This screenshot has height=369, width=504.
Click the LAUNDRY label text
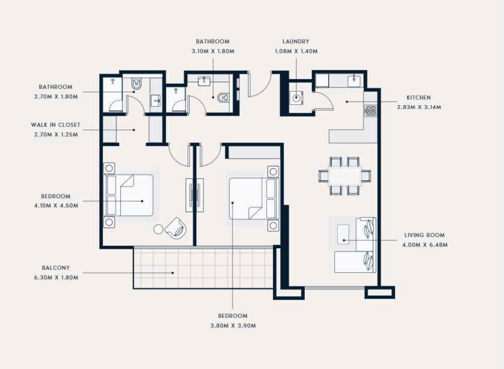tap(296, 42)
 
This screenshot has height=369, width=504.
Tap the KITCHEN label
tap(418, 98)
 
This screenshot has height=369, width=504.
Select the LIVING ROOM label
tap(424, 235)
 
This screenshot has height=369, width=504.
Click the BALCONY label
tap(56, 268)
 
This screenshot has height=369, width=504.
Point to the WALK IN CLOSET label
tap(56, 125)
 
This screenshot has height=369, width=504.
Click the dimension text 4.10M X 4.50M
tap(56, 206)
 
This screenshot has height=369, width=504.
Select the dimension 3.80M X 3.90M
tap(233, 326)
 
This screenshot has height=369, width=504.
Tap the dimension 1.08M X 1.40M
tap(296, 51)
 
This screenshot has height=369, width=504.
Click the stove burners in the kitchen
tap(370, 111)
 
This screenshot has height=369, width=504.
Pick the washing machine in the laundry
tap(296, 98)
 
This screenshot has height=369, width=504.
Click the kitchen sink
tap(354, 81)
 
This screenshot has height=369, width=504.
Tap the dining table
tap(345, 176)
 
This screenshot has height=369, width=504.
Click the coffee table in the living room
tap(343, 234)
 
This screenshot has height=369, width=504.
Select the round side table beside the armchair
tap(158, 229)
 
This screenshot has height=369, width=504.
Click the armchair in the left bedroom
tap(175, 229)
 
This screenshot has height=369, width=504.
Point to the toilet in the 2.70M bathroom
tap(137, 85)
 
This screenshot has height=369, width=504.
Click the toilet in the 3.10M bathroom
tap(223, 97)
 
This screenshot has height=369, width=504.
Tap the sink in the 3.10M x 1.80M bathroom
tap(204, 81)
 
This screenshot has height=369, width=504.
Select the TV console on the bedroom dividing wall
tap(195, 195)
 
